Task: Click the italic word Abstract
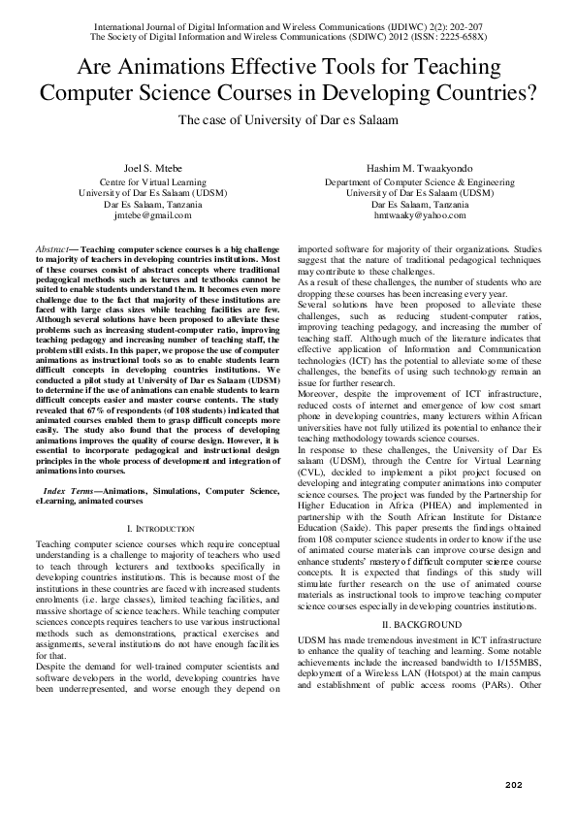pyautogui.click(x=50, y=249)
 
